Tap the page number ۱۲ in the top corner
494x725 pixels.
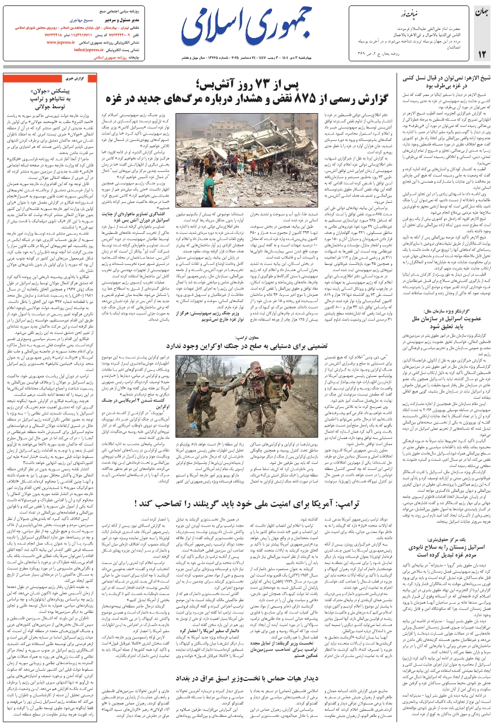coord(481,54)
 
